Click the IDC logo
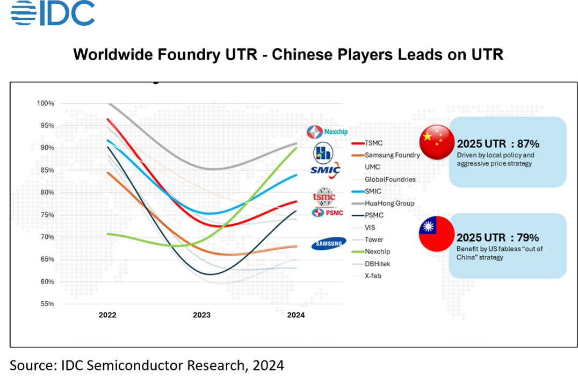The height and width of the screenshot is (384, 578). coord(53,13)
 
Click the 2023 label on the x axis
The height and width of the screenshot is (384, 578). coord(202,315)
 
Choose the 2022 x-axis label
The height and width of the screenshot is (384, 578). coord(107,315)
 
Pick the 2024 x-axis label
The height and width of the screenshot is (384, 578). coord(296,315)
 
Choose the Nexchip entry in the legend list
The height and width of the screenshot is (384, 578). coord(377,251)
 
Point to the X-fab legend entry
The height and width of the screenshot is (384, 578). coord(373,276)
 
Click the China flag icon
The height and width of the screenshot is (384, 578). coord(437,142)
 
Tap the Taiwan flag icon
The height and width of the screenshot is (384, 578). coord(437,234)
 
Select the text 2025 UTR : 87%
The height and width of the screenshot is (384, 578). coord(498,144)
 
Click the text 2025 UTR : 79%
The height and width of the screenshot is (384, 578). coord(498,237)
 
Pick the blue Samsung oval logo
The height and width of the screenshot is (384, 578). coord(328,244)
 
